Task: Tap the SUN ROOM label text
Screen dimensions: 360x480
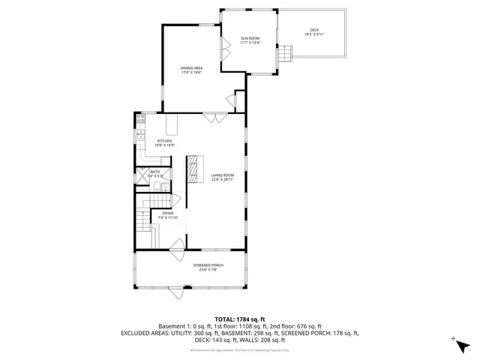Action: pyautogui.click(x=250, y=37)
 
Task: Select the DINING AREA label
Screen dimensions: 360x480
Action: pyautogui.click(x=191, y=69)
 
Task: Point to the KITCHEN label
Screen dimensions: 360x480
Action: pyautogui.click(x=164, y=141)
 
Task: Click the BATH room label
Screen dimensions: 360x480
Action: pyautogui.click(x=155, y=172)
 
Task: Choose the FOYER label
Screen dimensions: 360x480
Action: pyautogui.click(x=168, y=213)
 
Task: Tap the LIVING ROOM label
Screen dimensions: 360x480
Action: pyautogui.click(x=223, y=175)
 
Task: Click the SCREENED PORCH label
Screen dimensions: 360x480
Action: pyautogui.click(x=208, y=265)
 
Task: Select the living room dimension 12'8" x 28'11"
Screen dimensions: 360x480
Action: pyautogui.click(x=223, y=180)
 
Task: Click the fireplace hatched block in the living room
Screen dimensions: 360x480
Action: pyautogui.click(x=194, y=169)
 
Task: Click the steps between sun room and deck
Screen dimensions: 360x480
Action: pyautogui.click(x=285, y=55)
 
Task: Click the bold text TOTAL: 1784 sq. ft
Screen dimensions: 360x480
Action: pyautogui.click(x=240, y=319)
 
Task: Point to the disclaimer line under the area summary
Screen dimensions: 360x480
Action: pyautogui.click(x=240, y=349)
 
